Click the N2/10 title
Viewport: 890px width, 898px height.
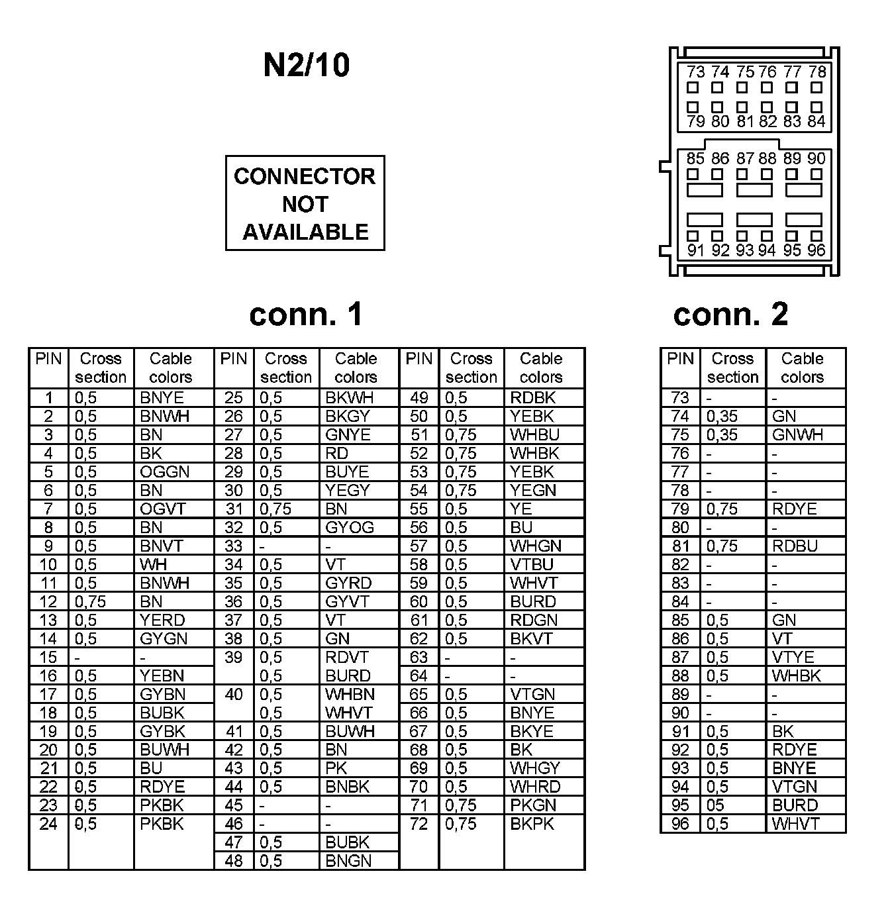(306, 66)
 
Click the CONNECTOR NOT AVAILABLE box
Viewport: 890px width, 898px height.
(305, 203)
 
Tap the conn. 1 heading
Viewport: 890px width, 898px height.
(306, 315)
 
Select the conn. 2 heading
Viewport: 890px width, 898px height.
(730, 315)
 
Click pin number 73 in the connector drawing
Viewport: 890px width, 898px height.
(695, 72)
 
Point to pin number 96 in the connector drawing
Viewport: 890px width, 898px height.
(816, 250)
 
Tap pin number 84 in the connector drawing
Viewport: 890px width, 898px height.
(816, 121)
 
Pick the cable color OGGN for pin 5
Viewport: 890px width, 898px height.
(164, 472)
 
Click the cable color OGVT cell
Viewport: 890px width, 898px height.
(163, 509)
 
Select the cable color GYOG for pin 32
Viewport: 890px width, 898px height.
(350, 528)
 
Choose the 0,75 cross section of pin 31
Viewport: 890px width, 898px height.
(275, 509)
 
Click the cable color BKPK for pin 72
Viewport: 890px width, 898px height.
(532, 824)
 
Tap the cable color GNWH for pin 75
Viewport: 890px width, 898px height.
(797, 435)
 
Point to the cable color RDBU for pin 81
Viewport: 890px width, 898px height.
(795, 546)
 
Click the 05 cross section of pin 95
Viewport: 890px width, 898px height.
(715, 806)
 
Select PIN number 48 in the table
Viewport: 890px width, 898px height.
(234, 862)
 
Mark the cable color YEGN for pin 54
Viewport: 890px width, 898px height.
(533, 491)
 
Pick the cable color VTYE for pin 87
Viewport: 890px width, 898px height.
(793, 658)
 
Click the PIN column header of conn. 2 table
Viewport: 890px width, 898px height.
(680, 359)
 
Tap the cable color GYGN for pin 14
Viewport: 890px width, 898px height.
(164, 639)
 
